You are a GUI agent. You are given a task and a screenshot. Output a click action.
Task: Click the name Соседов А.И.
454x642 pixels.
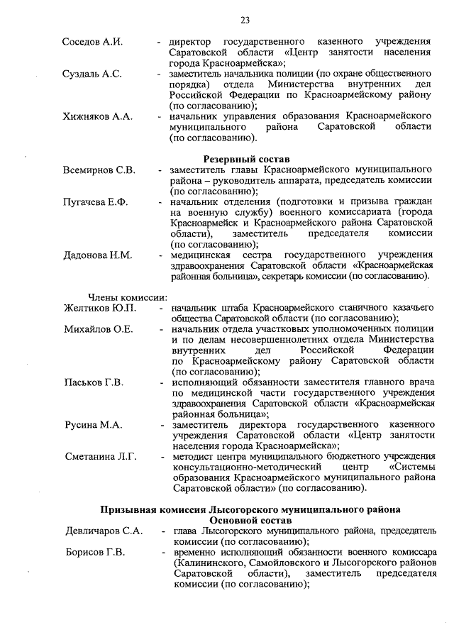click(x=92, y=42)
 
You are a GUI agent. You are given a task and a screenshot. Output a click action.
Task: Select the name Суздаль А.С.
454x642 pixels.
click(x=92, y=74)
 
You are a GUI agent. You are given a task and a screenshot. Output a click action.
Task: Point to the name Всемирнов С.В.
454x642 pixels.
click(x=99, y=171)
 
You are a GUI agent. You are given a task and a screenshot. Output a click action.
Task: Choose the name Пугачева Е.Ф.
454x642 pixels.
click(x=96, y=202)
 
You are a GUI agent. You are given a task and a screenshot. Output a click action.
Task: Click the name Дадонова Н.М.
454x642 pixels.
click(x=98, y=255)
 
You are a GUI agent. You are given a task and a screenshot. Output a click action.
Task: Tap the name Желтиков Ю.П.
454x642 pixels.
click(x=99, y=308)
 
